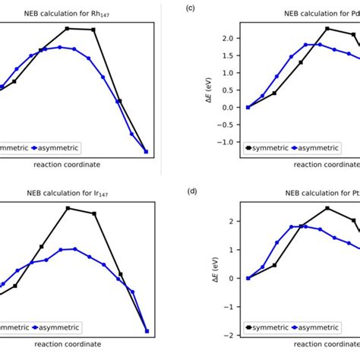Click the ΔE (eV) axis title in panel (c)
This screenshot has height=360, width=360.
(x=210, y=90)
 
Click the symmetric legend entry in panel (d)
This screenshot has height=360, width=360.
(x=270, y=328)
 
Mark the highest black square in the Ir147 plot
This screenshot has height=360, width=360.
(x=68, y=208)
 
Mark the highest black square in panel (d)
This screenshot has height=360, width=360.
(x=327, y=208)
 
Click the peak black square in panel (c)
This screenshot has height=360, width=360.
(x=327, y=28)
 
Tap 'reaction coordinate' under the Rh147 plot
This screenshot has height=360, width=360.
(x=66, y=164)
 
